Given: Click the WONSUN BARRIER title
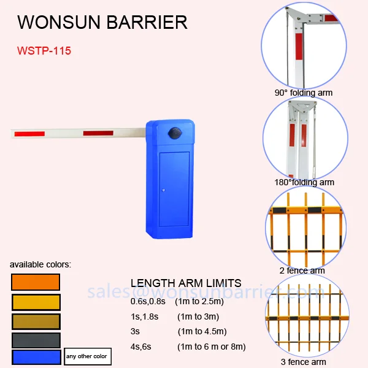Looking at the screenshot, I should point(102,23).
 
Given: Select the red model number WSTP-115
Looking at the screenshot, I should point(44,51).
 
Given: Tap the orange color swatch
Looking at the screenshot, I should point(36,282).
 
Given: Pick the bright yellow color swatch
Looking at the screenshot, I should point(36,302).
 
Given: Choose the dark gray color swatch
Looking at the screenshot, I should point(36,340).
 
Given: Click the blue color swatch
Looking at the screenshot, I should point(36,357).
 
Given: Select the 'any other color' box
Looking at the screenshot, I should point(86,356).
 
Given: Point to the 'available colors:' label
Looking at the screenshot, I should point(40,264).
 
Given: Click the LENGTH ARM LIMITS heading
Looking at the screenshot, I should point(186,283).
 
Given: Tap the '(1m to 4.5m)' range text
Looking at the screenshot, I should point(202,332).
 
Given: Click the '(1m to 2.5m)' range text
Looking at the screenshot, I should point(199,301).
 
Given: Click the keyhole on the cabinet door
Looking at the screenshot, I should point(164,191).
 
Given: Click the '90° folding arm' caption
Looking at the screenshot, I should point(304,93).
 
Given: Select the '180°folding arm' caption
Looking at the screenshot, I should point(304,182).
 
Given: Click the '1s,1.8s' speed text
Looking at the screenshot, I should point(145,316).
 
